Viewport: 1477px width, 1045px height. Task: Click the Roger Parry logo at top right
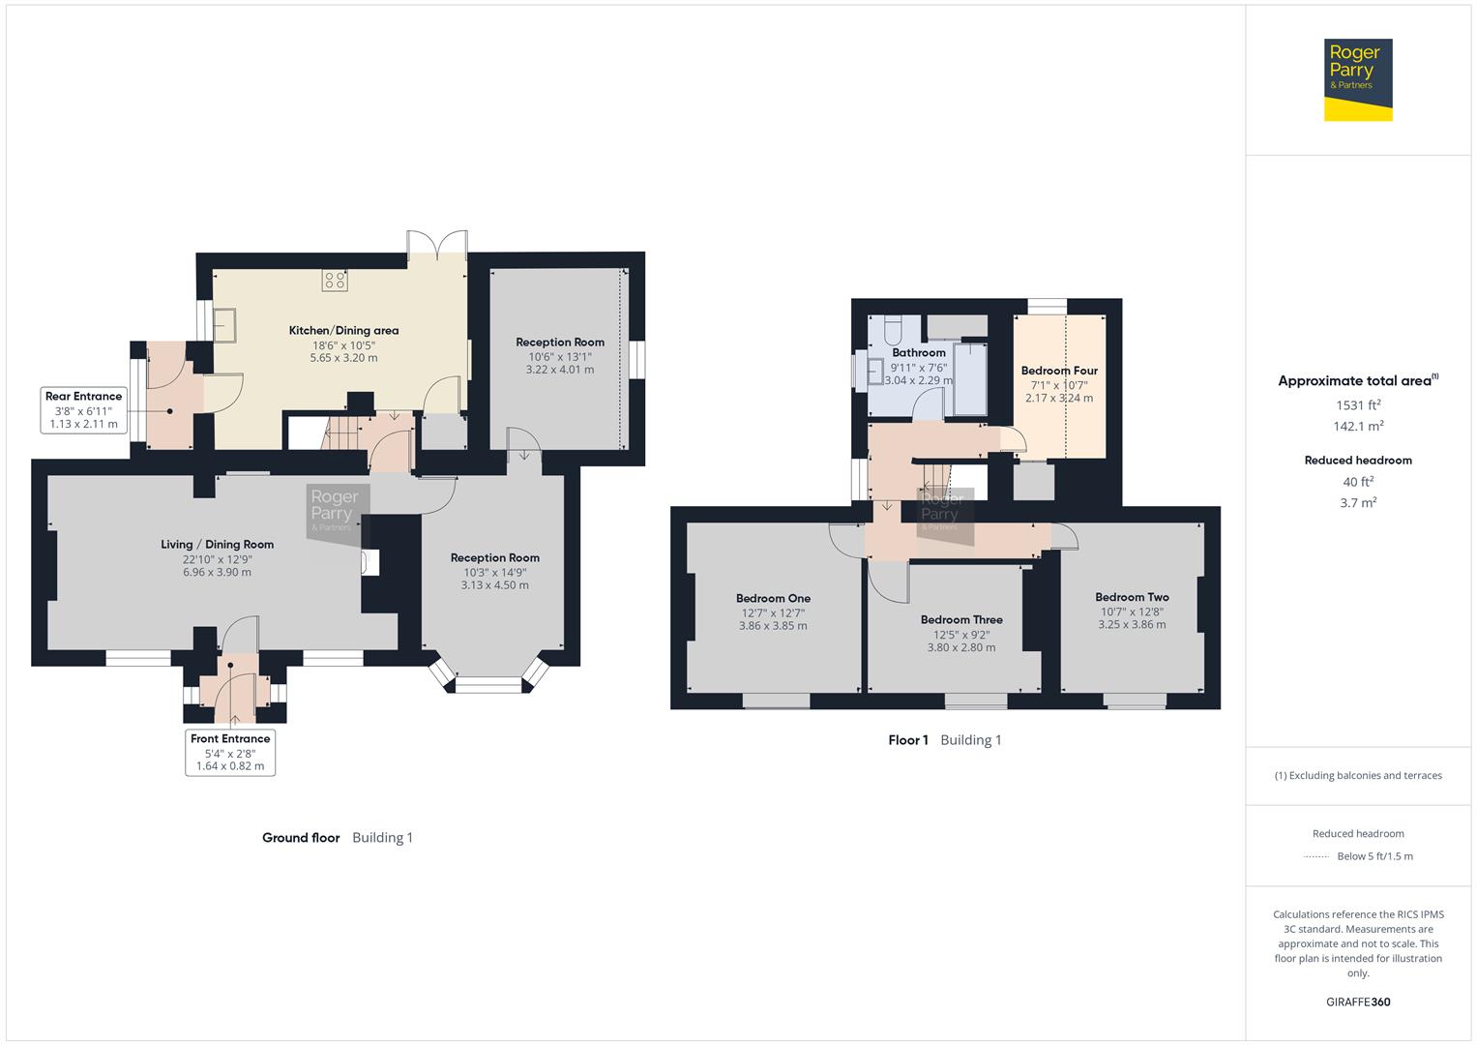[1358, 79]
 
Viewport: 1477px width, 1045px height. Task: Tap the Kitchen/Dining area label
[343, 331]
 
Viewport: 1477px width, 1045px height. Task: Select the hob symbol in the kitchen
[335, 281]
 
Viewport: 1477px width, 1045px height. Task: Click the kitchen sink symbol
[224, 324]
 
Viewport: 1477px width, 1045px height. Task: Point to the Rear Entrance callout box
[84, 409]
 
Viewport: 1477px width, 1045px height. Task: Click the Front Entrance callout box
[230, 752]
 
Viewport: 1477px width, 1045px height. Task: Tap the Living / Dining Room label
[217, 544]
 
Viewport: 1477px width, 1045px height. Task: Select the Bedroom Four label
[1059, 371]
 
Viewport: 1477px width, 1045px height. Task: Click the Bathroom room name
[919, 352]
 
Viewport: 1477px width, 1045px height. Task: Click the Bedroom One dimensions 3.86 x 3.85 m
[773, 625]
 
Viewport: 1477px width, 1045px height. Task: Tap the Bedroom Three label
[961, 619]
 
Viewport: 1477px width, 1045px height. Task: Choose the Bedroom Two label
[1132, 597]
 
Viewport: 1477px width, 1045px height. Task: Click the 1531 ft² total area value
[1358, 405]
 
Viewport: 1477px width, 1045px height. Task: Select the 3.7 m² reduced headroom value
[1358, 503]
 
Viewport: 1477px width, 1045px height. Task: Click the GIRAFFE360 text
[1358, 1001]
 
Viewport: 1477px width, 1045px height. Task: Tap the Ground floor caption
[301, 837]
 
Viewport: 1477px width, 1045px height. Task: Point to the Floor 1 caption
[908, 740]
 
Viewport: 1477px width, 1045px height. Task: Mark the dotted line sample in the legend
[1316, 856]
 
